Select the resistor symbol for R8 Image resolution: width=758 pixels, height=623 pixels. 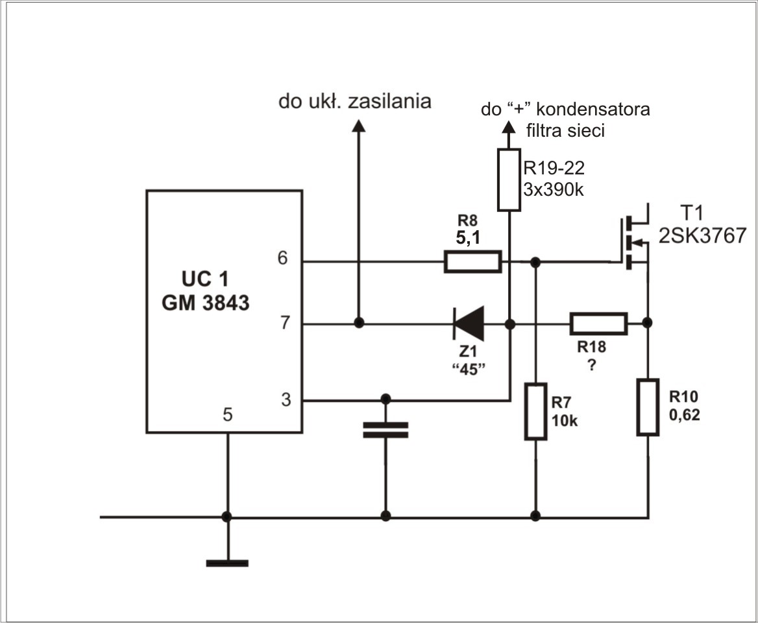472,262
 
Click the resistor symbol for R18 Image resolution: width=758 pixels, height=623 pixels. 598,323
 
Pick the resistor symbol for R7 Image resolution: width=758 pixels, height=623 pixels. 535,411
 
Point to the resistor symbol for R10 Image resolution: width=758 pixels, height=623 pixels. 648,406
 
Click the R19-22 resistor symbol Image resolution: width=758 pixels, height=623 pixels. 509,180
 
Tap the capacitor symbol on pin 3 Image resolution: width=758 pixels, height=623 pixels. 385,430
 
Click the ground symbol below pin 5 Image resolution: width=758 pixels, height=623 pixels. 227,563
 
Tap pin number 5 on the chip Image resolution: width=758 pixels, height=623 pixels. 228,414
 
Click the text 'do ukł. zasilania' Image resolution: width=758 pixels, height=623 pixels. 355,101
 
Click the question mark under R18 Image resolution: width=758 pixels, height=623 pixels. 591,365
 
